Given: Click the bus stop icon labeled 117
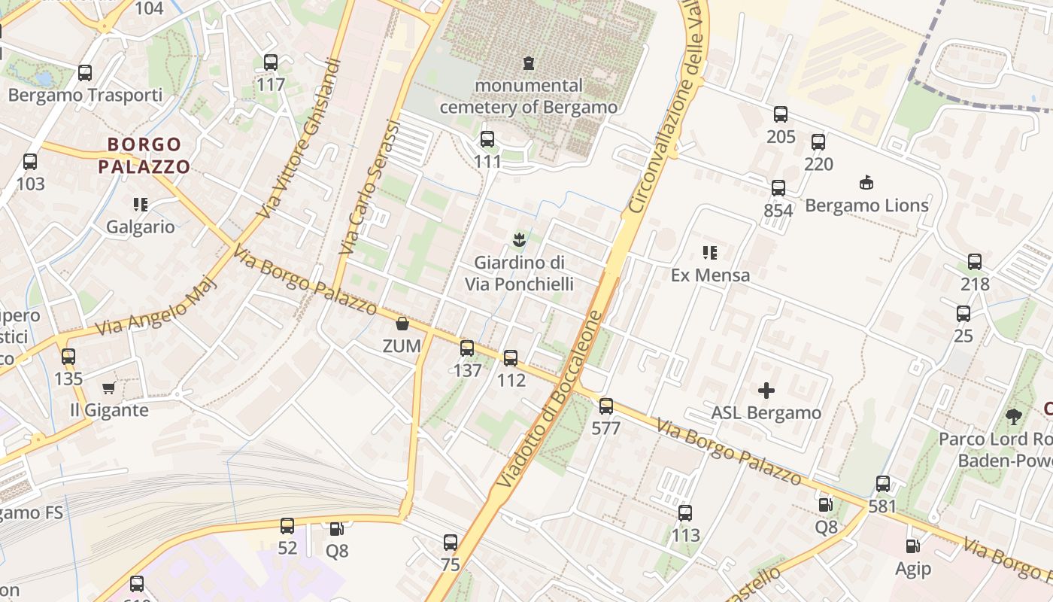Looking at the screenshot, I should point(270,62).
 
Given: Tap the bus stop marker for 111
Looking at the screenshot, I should point(487,139).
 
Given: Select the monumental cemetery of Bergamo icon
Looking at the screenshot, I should point(529,62).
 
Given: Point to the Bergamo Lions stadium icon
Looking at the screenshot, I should point(866,182).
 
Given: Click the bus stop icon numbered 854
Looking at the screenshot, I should point(778,188).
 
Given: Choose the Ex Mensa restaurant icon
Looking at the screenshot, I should point(709,252).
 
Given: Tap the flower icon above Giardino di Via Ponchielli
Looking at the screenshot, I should point(518,240).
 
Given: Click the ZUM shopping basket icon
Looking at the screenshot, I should point(402,324).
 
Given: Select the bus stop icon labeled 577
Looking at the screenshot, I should point(606,406).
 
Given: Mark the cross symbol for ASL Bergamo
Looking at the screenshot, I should point(766,390).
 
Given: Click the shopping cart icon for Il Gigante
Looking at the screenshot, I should point(109,388).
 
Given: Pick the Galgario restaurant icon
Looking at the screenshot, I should point(140,204).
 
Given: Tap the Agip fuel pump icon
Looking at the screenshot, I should point(912,546).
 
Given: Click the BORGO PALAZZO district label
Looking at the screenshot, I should point(148,155).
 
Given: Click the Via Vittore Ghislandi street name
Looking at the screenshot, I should point(299,139).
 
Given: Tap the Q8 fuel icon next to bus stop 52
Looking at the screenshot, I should point(336,529).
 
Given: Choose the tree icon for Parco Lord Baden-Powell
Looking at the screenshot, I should point(1014,416).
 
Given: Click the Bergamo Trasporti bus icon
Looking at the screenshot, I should point(85,73).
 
